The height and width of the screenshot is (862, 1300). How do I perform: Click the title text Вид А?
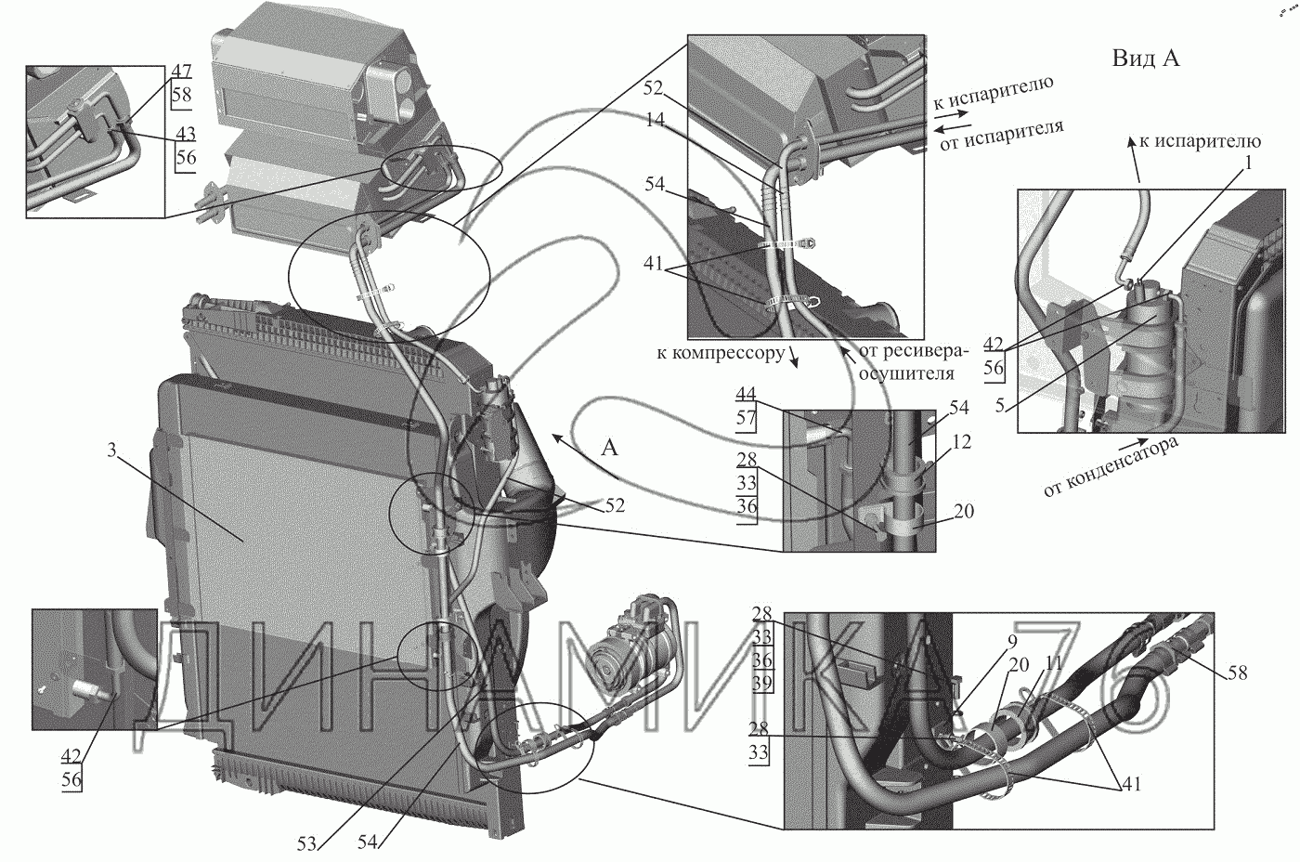(1146, 59)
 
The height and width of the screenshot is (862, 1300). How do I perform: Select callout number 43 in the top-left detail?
(185, 133)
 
